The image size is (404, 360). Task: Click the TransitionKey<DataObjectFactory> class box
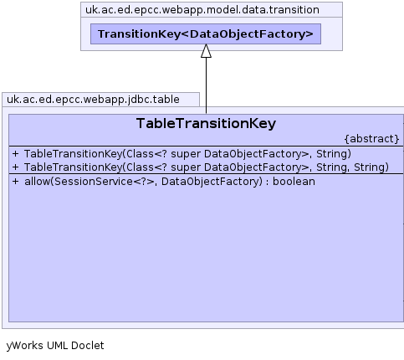pos(206,34)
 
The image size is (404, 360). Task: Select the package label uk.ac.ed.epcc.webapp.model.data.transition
pos(202,10)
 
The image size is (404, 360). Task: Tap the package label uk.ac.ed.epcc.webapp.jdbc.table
pos(93,100)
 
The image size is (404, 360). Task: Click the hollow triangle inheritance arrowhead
pos(206,51)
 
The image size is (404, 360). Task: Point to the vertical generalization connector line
pos(206,85)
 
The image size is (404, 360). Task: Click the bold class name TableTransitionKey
pos(206,123)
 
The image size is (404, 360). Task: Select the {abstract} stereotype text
pos(371,139)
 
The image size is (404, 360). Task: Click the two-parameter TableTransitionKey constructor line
pos(182,154)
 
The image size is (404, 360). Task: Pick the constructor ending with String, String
pos(201,167)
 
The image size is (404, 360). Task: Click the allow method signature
pos(164,182)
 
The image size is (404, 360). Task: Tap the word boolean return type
pos(294,182)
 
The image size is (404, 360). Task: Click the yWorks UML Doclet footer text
pos(55,346)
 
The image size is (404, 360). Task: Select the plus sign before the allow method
pos(16,182)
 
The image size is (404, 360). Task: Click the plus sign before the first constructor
pos(16,154)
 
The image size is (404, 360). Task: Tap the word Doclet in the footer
pos(88,346)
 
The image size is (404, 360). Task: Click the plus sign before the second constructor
pos(16,167)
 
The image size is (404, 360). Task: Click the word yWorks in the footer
pos(25,346)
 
